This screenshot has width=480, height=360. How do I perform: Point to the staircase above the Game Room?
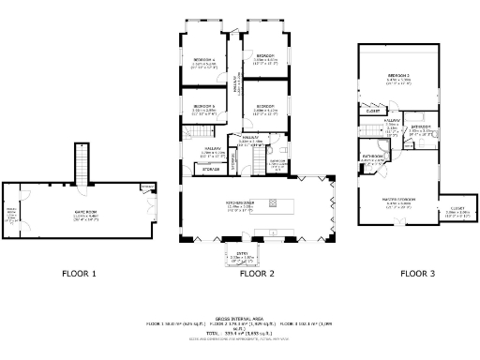click(81, 169)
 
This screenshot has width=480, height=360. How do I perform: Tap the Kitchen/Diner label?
click(240, 204)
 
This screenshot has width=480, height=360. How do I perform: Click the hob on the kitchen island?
click(274, 203)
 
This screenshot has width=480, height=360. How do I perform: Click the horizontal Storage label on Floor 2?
click(207, 169)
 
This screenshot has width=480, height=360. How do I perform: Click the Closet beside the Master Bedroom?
click(458, 212)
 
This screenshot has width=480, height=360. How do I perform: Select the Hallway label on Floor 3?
click(392, 122)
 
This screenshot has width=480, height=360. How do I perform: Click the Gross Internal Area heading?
click(240, 318)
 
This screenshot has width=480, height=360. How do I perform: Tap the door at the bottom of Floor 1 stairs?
click(81, 185)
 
